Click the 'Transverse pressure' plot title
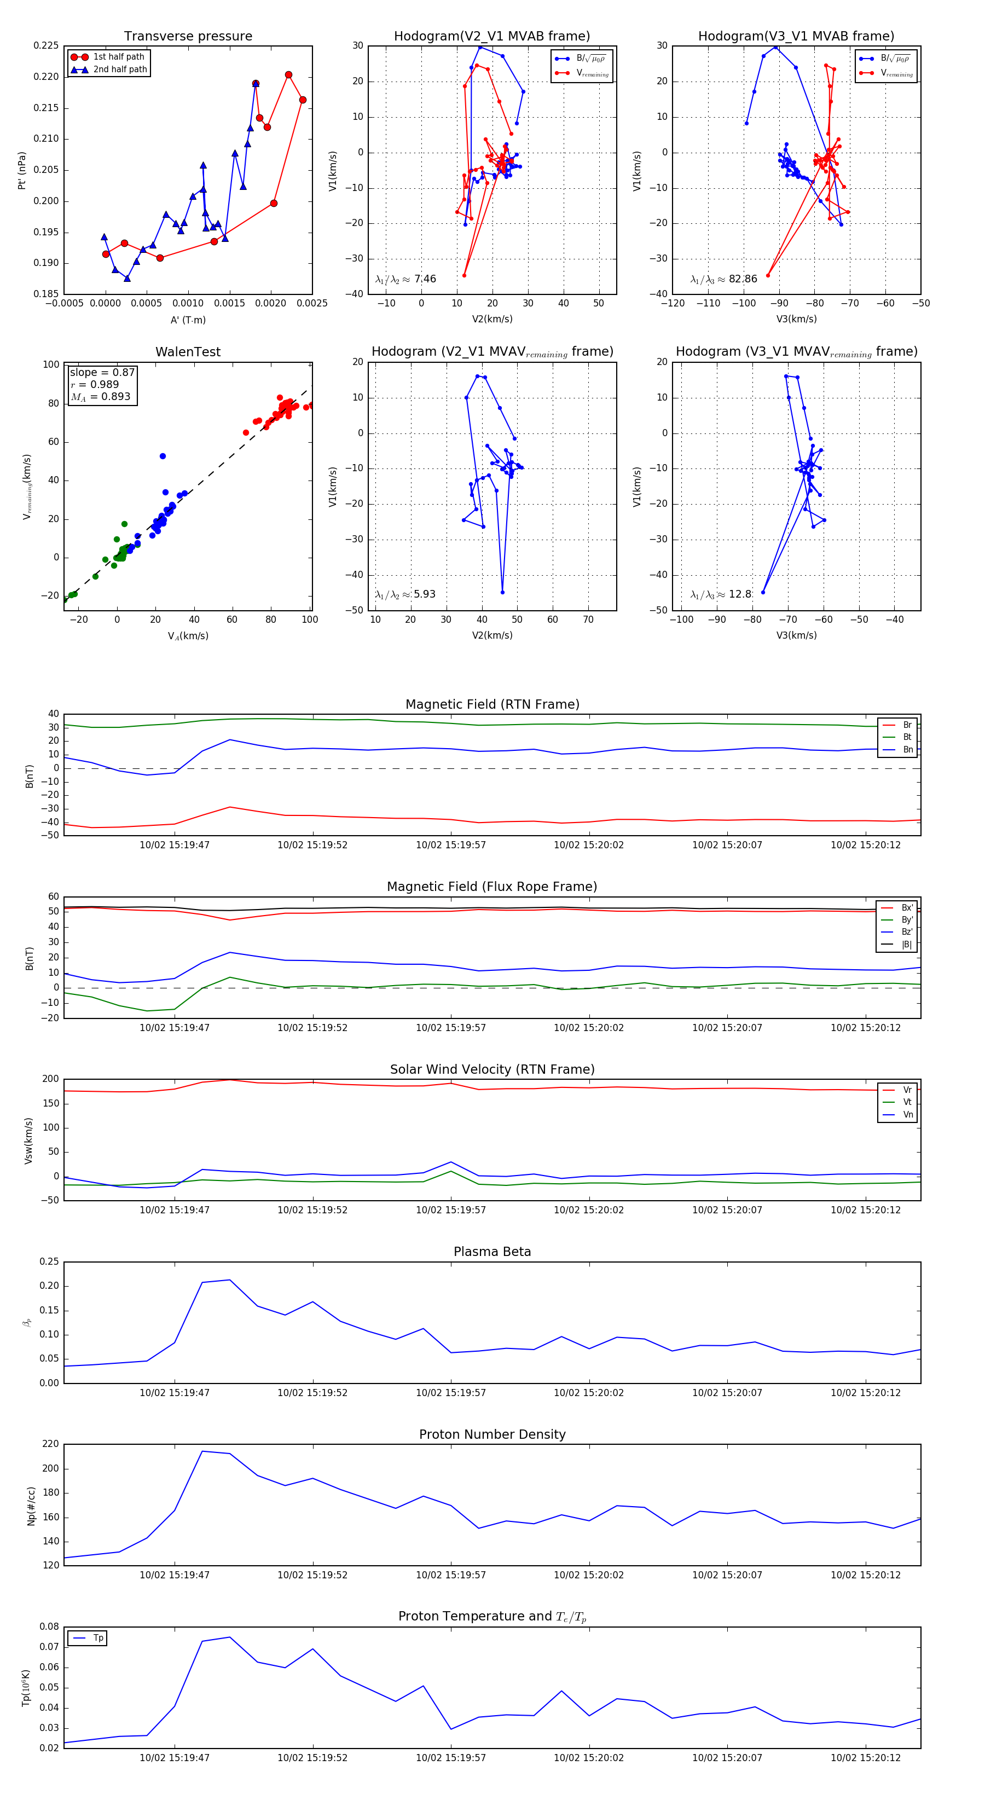pyautogui.click(x=188, y=37)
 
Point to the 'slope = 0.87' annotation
pyautogui.click(x=102, y=372)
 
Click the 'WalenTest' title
pyautogui.click(x=188, y=352)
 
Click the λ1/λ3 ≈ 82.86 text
pyautogui.click(x=723, y=279)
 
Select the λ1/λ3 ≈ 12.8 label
pyautogui.click(x=721, y=594)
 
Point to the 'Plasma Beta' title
pyautogui.click(x=492, y=1252)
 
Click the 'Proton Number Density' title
pyautogui.click(x=492, y=1434)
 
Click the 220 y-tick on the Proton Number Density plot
pyautogui.click(x=50, y=1444)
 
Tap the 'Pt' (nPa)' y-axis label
pyautogui.click(x=22, y=170)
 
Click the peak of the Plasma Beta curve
pyautogui.click(x=229, y=1280)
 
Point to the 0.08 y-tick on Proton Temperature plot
pyautogui.click(x=49, y=1626)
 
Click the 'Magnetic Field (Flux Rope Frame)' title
pyautogui.click(x=492, y=887)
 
